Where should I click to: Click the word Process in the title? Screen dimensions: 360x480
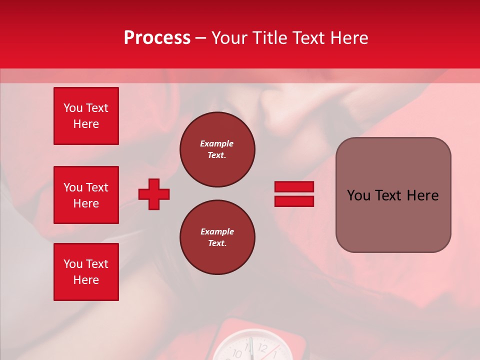click(x=157, y=38)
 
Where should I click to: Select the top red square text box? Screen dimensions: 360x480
click(x=86, y=116)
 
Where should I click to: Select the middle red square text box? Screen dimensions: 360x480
click(x=86, y=195)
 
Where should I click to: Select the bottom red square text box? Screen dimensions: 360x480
click(x=86, y=272)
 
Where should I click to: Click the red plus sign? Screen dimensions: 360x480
click(x=154, y=194)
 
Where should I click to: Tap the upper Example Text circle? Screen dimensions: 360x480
click(x=217, y=149)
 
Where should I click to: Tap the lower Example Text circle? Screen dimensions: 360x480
click(x=217, y=237)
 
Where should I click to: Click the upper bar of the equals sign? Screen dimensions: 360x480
click(x=294, y=186)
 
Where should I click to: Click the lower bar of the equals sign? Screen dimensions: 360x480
click(x=294, y=201)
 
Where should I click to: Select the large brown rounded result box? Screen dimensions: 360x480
click(x=393, y=195)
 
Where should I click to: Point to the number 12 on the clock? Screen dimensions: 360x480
click(x=262, y=348)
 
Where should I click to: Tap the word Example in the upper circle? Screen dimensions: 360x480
click(x=217, y=143)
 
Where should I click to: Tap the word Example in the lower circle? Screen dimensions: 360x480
click(x=217, y=231)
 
